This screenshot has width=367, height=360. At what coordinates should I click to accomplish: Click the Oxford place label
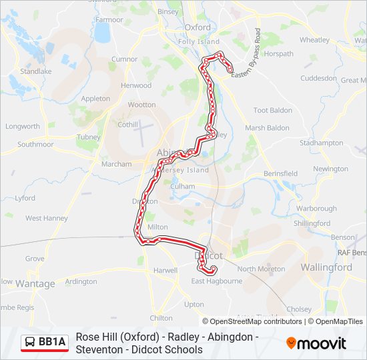(x=198, y=27)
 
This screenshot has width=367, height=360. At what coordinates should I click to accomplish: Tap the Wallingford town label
(x=327, y=267)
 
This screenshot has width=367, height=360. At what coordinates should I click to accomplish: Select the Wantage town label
(x=35, y=284)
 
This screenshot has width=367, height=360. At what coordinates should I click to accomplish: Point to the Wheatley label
(x=314, y=40)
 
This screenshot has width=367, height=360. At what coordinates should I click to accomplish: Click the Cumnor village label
(x=124, y=59)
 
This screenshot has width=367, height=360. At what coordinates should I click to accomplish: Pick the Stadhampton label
(x=322, y=143)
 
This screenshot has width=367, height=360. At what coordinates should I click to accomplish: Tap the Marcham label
(x=116, y=164)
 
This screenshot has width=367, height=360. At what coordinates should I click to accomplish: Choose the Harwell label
(x=165, y=271)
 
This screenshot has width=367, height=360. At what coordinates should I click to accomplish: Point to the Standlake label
(x=36, y=71)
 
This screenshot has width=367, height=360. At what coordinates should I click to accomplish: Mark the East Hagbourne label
(x=216, y=281)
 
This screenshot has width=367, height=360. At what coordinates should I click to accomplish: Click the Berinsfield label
(x=280, y=173)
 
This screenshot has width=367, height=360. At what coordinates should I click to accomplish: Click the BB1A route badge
(x=45, y=343)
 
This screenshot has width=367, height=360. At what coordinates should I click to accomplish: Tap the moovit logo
(x=316, y=343)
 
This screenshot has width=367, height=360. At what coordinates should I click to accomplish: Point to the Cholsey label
(x=298, y=309)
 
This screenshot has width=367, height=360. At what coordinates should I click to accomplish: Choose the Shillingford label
(x=312, y=223)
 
